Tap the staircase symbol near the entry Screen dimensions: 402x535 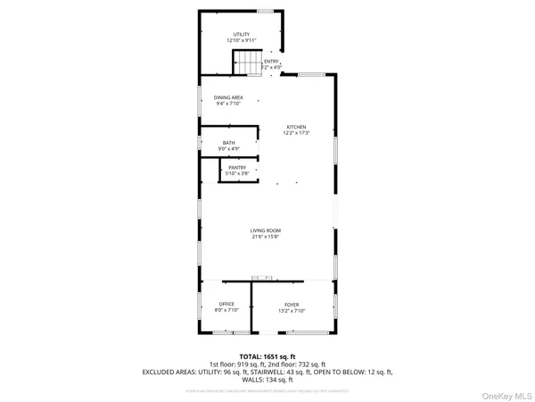click(245, 63)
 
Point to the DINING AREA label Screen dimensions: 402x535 click(228, 97)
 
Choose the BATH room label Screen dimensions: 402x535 click(228, 143)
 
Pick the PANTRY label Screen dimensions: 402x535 click(236, 167)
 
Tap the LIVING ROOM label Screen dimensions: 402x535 click(267, 230)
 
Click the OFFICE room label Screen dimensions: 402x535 click(226, 305)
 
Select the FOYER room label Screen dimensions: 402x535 click(292, 305)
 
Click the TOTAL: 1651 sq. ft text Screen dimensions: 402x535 click(267, 357)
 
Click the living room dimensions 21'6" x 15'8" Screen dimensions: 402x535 click(267, 238)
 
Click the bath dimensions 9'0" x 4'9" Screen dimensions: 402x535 click(228, 150)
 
